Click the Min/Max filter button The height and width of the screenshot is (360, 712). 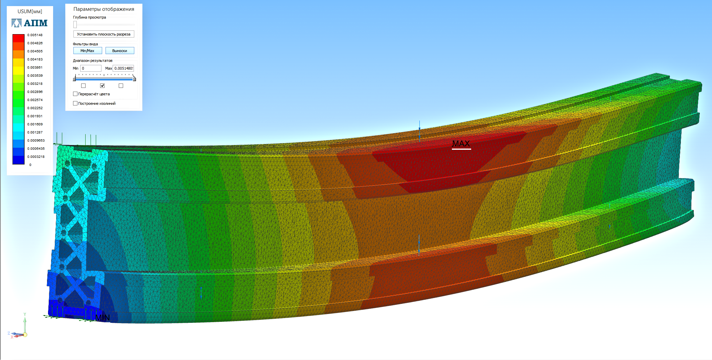(88, 51)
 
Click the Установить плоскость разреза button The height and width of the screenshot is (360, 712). (104, 34)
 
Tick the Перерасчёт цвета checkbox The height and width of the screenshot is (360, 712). (75, 94)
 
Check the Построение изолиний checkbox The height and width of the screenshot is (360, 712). (75, 103)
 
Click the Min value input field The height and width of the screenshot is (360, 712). (91, 68)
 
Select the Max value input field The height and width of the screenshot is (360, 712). (123, 68)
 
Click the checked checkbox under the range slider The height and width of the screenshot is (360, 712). (102, 86)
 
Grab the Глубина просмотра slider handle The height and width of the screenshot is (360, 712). (75, 24)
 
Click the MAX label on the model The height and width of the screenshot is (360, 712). (461, 144)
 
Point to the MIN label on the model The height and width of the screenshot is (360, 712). (102, 318)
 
